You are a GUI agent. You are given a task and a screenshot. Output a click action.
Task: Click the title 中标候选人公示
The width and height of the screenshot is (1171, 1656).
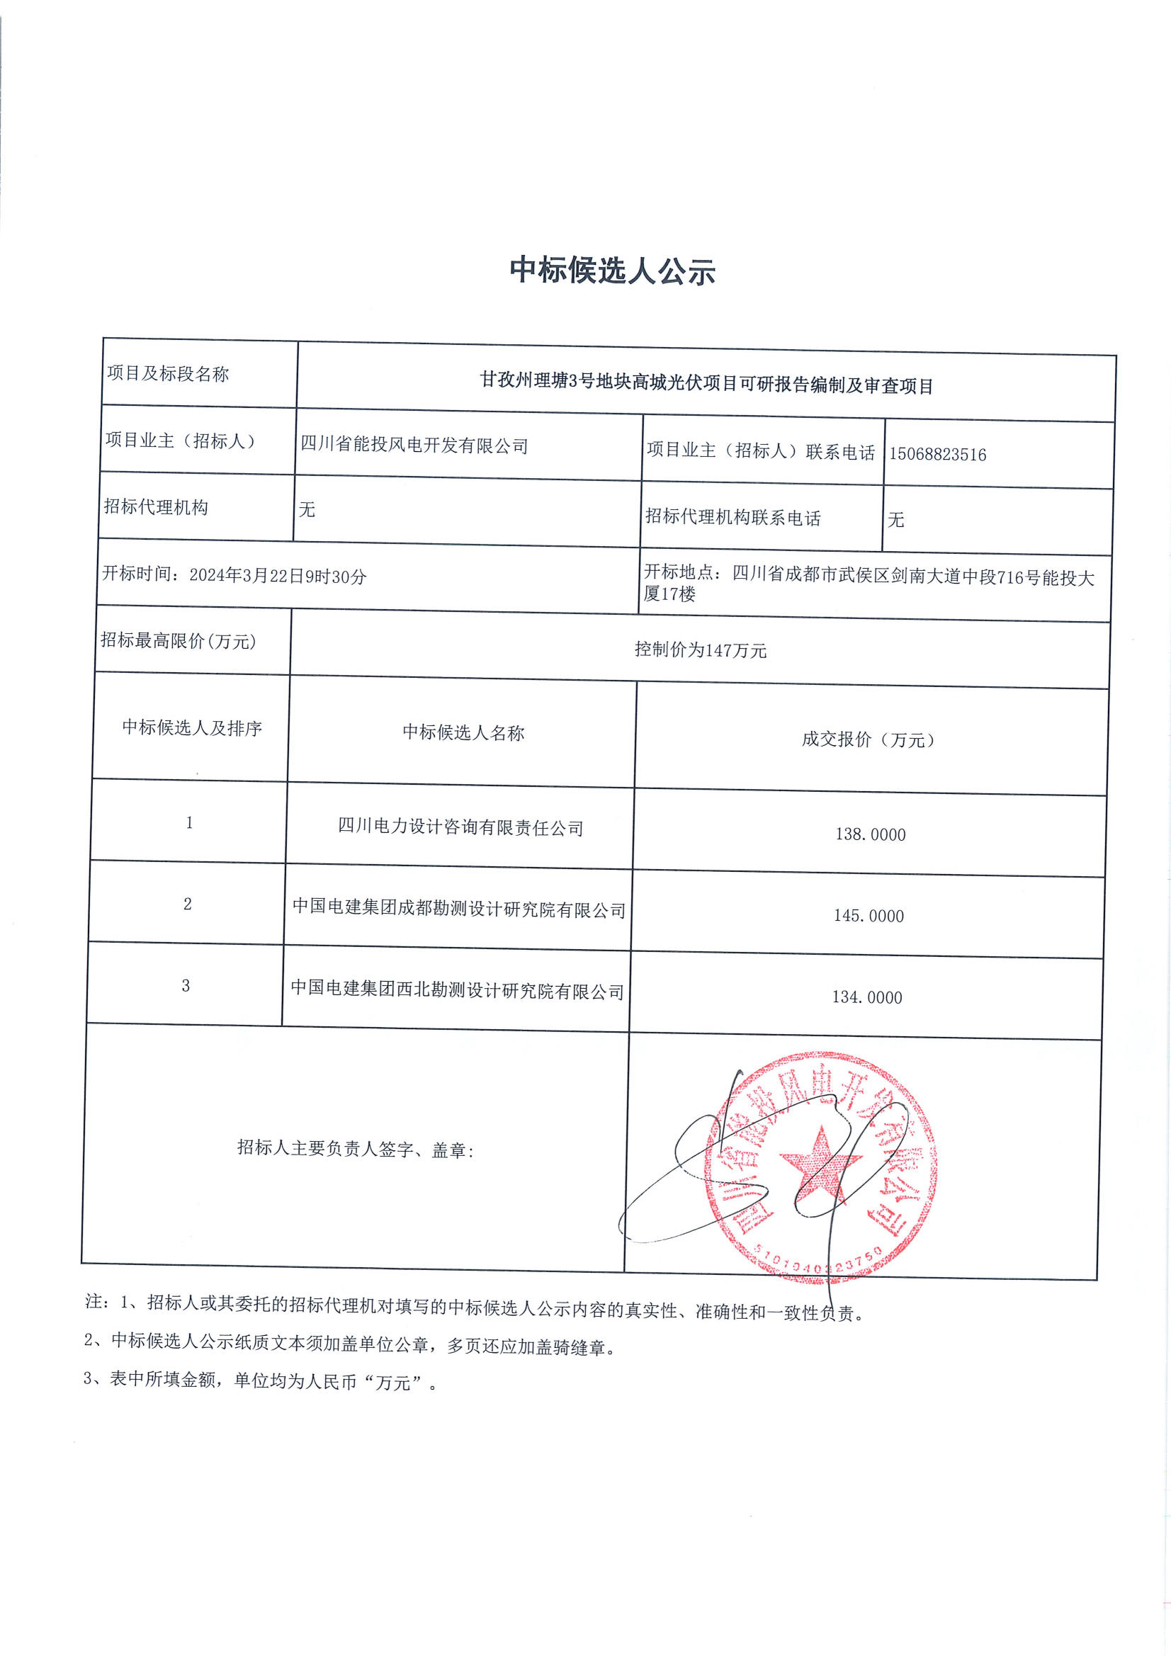tap(612, 271)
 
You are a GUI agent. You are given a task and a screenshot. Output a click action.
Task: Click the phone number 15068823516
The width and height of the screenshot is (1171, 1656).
tap(937, 455)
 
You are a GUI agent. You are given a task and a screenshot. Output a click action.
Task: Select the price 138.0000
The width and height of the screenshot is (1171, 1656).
tap(870, 834)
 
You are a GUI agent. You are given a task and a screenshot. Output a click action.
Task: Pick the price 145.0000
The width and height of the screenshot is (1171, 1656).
tap(869, 916)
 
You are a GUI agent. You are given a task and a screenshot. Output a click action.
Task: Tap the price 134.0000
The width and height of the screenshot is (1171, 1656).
tap(866, 997)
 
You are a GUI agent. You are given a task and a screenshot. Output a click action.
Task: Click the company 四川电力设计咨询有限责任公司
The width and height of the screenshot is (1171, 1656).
tap(460, 827)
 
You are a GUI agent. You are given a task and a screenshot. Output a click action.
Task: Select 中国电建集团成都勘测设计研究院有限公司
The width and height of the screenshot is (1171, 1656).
tap(459, 909)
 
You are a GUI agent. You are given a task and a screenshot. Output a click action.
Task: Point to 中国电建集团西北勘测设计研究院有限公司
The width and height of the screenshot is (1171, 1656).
tap(458, 990)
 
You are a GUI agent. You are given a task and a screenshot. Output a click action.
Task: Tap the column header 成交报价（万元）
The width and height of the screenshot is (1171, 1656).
tap(868, 739)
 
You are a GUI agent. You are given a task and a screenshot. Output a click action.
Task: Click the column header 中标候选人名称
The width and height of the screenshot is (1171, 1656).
tap(463, 733)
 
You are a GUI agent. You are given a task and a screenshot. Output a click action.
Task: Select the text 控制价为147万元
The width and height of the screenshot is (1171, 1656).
tap(700, 650)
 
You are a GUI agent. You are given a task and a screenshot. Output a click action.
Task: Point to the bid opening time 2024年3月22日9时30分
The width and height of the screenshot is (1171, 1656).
tap(278, 577)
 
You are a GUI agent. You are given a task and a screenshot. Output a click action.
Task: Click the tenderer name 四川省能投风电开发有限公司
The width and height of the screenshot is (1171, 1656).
tap(414, 445)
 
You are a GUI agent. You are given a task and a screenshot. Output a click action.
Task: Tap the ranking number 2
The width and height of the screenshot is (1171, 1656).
tap(188, 904)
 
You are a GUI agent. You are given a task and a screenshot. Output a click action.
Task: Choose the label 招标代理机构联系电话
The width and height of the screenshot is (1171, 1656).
tap(732, 517)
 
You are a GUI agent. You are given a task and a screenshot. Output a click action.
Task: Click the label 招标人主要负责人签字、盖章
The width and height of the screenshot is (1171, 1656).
tap(355, 1149)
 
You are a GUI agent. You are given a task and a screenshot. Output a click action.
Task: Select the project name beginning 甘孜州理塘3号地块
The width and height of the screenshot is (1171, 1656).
tap(706, 383)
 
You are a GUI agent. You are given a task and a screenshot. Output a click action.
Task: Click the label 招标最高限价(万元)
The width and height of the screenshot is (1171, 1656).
tap(179, 640)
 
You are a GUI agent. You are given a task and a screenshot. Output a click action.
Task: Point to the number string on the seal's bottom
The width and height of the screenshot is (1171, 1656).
tap(820, 1259)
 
